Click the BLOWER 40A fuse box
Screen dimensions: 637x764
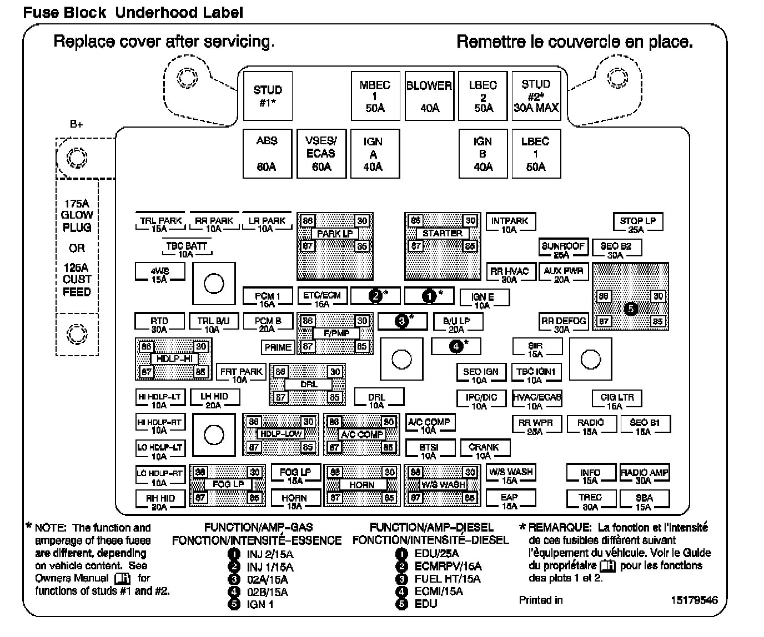click(429, 96)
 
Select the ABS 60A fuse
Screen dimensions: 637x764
click(267, 154)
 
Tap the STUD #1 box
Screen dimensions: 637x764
click(267, 96)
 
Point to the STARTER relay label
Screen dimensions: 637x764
click(442, 233)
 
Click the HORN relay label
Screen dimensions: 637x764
click(361, 485)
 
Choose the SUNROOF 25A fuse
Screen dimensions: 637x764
click(563, 249)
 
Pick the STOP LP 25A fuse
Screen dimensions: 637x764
click(637, 224)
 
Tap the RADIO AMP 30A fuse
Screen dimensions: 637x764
click(644, 476)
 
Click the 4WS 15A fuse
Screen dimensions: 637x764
click(159, 274)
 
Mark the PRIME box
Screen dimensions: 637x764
click(278, 347)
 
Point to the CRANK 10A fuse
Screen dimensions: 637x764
click(484, 451)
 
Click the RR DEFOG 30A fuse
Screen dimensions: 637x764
click(563, 324)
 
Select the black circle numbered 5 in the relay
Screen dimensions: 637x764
click(630, 309)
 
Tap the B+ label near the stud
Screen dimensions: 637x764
click(77, 124)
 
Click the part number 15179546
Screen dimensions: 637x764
click(693, 600)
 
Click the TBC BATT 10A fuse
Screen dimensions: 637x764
click(186, 249)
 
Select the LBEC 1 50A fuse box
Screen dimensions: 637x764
click(535, 154)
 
